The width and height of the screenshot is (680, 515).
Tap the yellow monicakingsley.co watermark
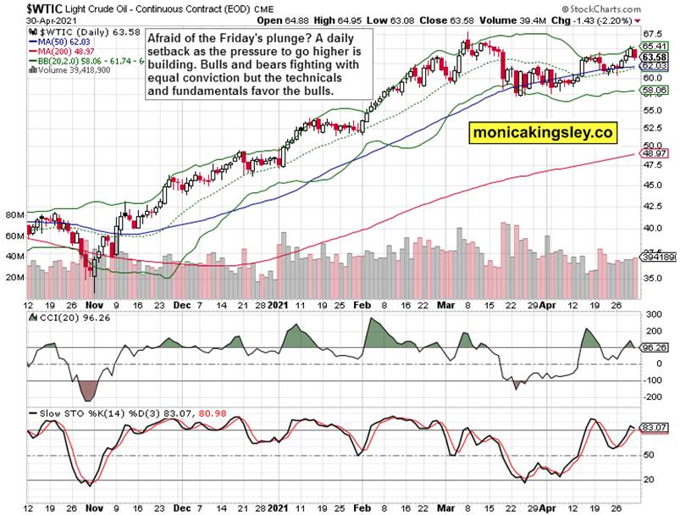542,133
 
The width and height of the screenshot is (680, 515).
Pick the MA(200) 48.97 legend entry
68,50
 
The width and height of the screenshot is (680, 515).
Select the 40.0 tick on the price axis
650,228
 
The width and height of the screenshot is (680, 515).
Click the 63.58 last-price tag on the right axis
652,56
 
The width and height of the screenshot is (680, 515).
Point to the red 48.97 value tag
652,153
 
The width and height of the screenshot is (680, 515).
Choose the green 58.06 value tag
652,89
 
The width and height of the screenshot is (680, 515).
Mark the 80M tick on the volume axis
14,215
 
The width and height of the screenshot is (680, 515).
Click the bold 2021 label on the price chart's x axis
279,303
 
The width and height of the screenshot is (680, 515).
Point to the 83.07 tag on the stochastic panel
652,428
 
